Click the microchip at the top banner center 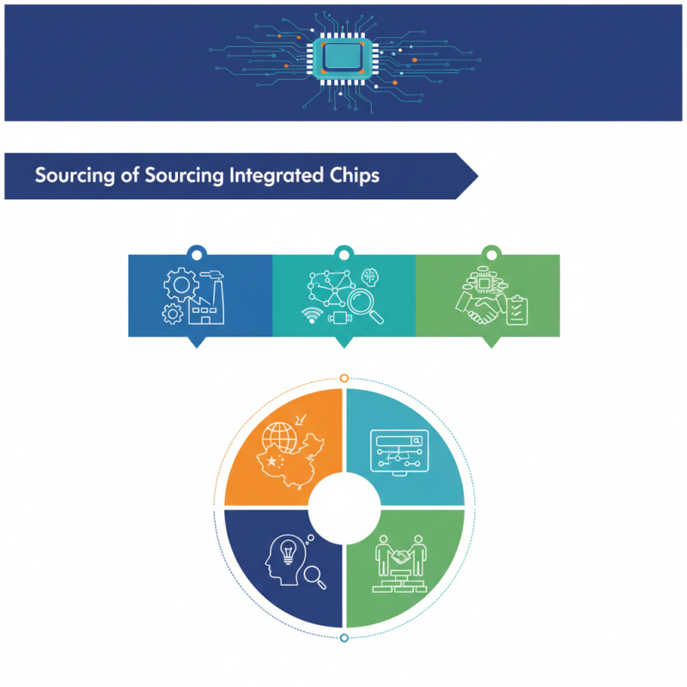click(343, 57)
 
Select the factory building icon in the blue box click(204, 306)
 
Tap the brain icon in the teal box click(371, 277)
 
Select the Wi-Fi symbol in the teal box click(311, 313)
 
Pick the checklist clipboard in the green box click(516, 310)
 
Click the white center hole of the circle click(344, 506)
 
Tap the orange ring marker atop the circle click(344, 378)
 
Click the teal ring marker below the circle click(344, 637)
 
